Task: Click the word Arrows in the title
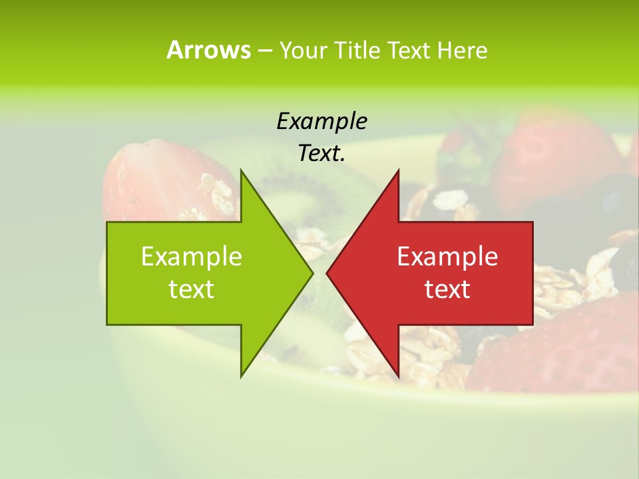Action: pyautogui.click(x=208, y=50)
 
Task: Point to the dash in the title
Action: pyautogui.click(x=264, y=51)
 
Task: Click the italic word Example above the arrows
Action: pyautogui.click(x=321, y=121)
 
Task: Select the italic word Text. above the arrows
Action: pyautogui.click(x=321, y=154)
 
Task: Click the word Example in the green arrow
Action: pyautogui.click(x=192, y=256)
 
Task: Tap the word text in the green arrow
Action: pyautogui.click(x=192, y=289)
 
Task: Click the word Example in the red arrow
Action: pyautogui.click(x=447, y=256)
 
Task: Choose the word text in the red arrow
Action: pyautogui.click(x=447, y=289)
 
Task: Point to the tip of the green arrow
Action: pyautogui.click(x=312, y=273)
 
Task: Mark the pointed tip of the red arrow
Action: pyautogui.click(x=327, y=273)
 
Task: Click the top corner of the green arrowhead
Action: pyautogui.click(x=241, y=170)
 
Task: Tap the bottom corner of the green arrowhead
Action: pyautogui.click(x=241, y=377)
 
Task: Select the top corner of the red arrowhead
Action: pyautogui.click(x=398, y=170)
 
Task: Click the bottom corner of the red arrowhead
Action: pyautogui.click(x=398, y=377)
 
